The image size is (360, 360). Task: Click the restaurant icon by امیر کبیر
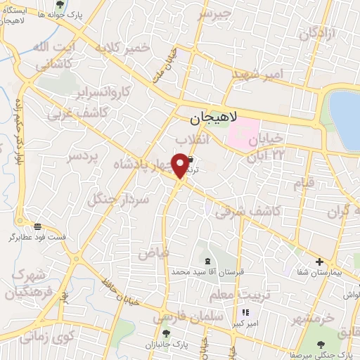[245, 313]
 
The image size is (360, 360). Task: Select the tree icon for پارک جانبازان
[166, 333]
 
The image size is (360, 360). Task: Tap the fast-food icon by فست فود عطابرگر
[37, 226]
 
